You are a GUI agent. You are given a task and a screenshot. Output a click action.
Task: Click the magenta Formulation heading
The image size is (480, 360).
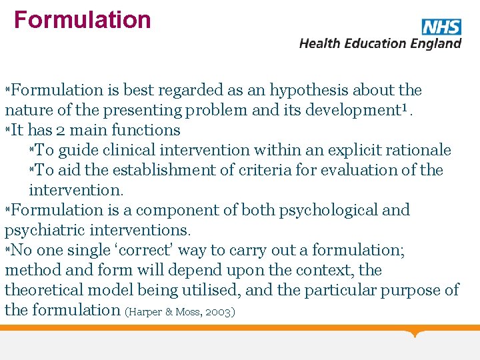83,20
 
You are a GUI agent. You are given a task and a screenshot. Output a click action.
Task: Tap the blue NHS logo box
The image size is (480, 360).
441,27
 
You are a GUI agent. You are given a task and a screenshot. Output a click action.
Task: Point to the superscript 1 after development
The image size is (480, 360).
401,108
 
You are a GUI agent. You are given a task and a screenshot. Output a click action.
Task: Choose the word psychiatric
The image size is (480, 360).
41,231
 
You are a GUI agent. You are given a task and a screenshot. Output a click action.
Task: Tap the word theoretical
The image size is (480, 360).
51,291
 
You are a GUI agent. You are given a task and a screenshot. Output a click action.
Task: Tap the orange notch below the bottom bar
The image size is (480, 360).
416,333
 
